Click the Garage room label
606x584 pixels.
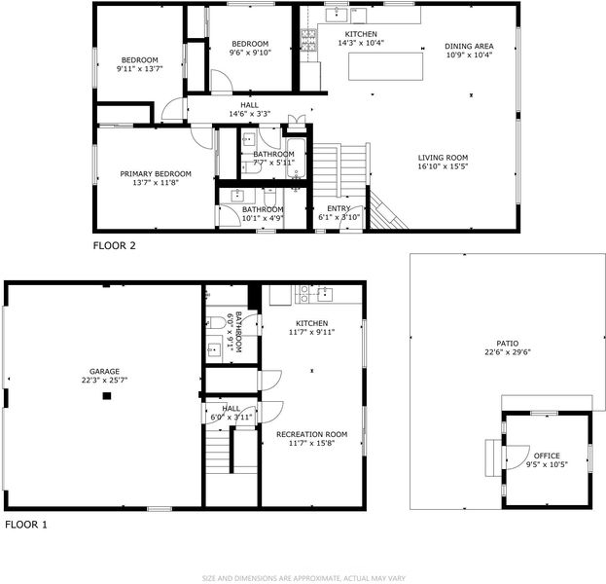tap(104, 371)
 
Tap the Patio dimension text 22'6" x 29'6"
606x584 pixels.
tap(508, 352)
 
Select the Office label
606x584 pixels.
tap(547, 456)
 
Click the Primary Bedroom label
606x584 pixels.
tap(156, 174)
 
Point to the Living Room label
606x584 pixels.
tap(443, 158)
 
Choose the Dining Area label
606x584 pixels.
tap(469, 46)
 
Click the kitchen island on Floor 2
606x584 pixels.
tap(385, 66)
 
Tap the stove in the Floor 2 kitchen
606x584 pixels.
tap(308, 40)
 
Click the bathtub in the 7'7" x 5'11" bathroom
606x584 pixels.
tap(296, 159)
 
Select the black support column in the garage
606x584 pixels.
tap(107, 395)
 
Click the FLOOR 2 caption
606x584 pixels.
tap(115, 245)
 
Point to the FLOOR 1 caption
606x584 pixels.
tap(26, 525)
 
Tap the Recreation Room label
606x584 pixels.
tap(312, 434)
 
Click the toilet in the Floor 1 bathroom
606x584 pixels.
tap(216, 322)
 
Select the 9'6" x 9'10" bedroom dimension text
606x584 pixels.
tap(250, 53)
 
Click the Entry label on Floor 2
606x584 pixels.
tap(339, 208)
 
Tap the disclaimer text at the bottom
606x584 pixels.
tap(303, 578)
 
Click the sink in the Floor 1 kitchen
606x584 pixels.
tap(325, 295)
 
